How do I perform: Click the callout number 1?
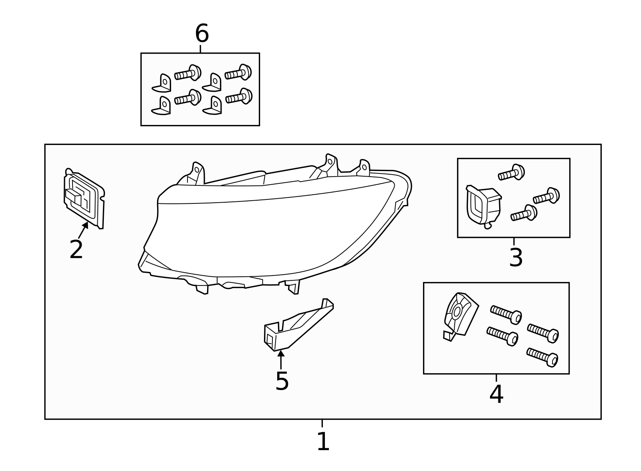tap(323, 442)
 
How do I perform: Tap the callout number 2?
tap(76, 250)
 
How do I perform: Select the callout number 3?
tap(516, 258)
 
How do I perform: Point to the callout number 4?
tap(496, 394)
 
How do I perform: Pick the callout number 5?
tap(282, 381)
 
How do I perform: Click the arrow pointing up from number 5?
tap(281, 358)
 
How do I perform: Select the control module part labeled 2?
tap(84, 198)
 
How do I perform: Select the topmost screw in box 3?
tap(512, 173)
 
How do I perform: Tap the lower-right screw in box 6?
tap(239, 97)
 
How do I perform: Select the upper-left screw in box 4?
tap(506, 314)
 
